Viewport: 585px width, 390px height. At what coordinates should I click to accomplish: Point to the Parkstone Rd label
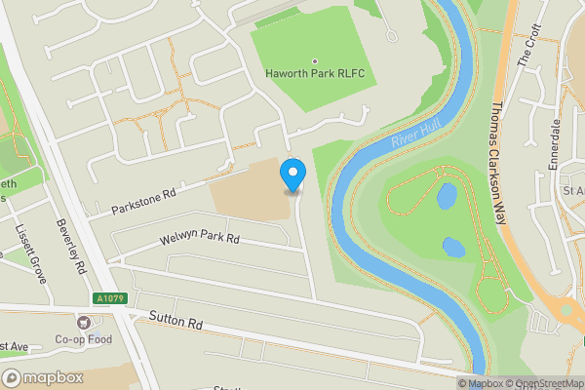pyautogui.click(x=143, y=201)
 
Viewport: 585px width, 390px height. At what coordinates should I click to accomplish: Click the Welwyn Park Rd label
pyautogui.click(x=198, y=239)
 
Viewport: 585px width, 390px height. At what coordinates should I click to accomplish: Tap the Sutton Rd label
pyautogui.click(x=175, y=321)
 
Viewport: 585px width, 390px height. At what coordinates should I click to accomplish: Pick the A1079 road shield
pyautogui.click(x=109, y=298)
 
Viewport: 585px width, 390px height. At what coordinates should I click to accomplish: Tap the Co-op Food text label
pyautogui.click(x=84, y=339)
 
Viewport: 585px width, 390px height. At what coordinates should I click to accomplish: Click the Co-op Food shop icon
pyautogui.click(x=84, y=322)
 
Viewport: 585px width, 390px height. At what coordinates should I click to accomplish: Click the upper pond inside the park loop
pyautogui.click(x=447, y=197)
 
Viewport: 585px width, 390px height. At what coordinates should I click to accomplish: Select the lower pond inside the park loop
pyautogui.click(x=453, y=247)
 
